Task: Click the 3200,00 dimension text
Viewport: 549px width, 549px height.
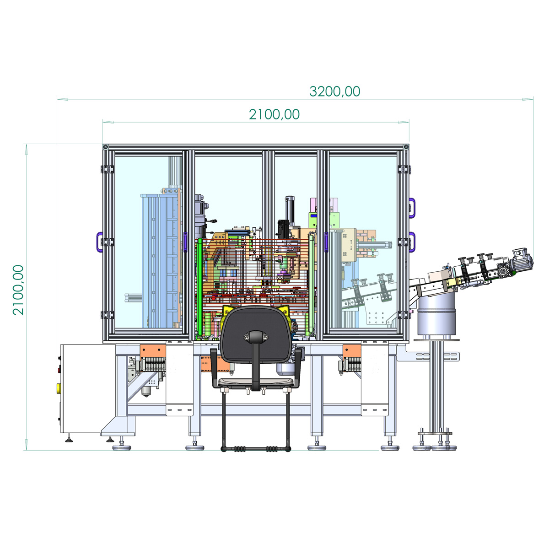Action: pos(334,91)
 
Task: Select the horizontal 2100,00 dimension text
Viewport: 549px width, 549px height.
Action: pos(274,114)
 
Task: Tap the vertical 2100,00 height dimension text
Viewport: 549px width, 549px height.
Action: pos(18,290)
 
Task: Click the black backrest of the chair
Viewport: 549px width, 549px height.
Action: pos(256,334)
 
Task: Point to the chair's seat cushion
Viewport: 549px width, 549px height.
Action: pos(256,381)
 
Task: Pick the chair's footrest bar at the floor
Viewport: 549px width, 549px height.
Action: pos(256,449)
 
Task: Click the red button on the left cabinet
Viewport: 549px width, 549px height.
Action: pos(59,371)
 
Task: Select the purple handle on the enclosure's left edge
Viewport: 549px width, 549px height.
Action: pos(99,242)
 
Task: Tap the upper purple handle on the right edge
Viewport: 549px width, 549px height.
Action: pos(412,208)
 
